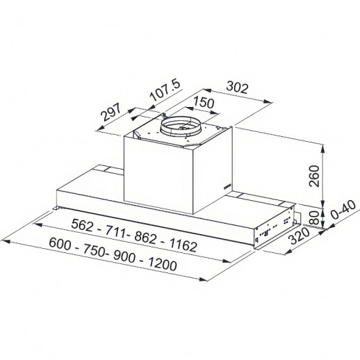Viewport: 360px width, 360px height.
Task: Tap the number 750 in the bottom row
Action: point(93,251)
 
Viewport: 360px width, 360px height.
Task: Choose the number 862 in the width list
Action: point(145,238)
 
